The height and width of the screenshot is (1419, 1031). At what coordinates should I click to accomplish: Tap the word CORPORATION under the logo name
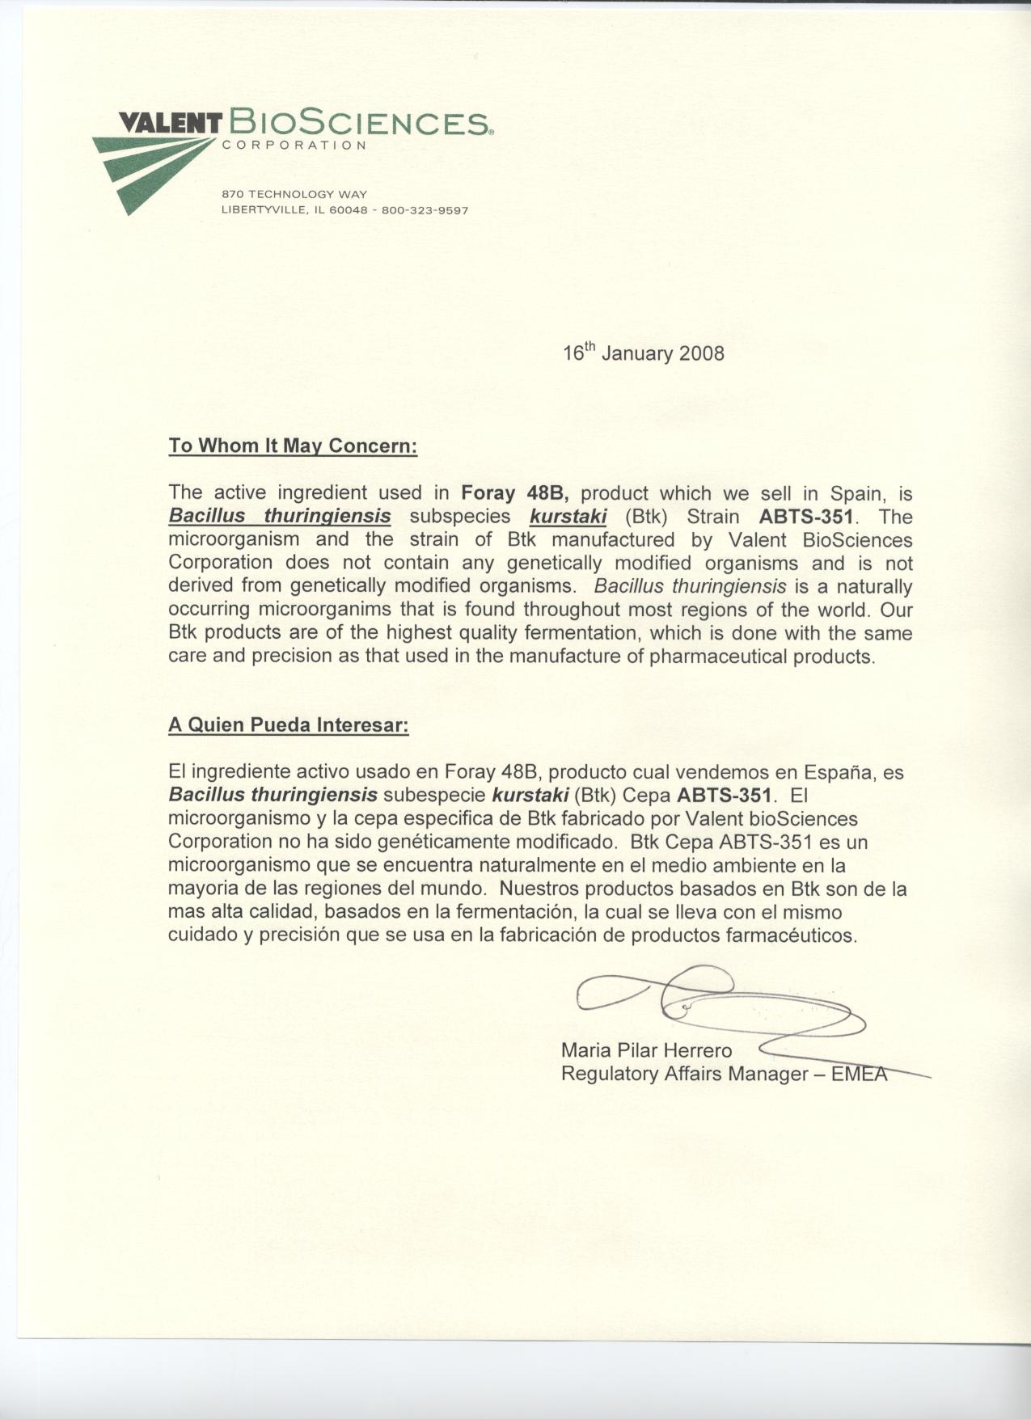click(294, 146)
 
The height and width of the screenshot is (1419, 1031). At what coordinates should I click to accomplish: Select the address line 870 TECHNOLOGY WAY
click(294, 195)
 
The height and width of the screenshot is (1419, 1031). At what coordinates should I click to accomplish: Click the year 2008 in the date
click(702, 354)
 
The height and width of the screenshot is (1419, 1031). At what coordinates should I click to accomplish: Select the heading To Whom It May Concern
click(293, 446)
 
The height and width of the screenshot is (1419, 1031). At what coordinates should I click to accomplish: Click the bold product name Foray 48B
click(516, 493)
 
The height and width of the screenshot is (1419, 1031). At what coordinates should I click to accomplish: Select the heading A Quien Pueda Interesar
click(289, 724)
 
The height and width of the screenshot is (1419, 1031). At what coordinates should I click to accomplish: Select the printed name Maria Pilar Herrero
click(646, 1050)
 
